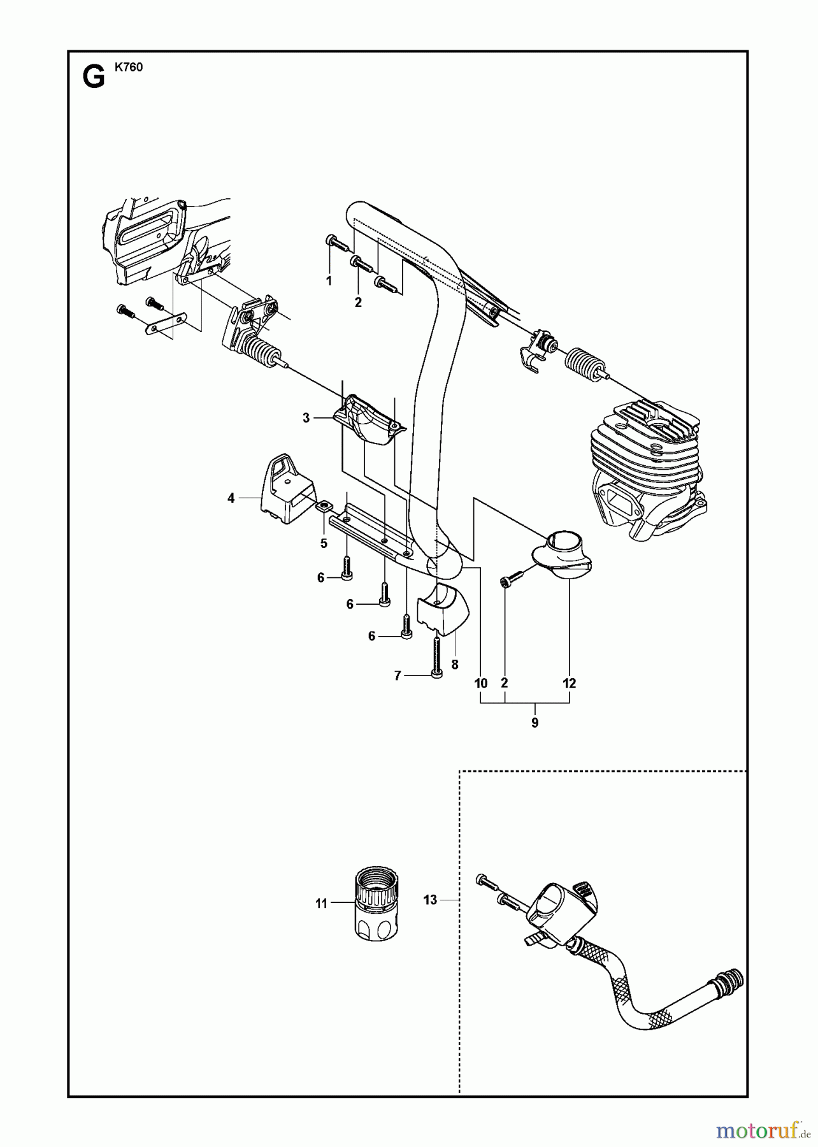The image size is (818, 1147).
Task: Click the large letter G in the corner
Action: click(x=94, y=78)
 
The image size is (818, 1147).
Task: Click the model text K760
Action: click(x=129, y=68)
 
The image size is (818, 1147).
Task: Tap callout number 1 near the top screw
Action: click(x=329, y=280)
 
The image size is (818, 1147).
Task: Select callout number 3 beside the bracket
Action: click(x=306, y=418)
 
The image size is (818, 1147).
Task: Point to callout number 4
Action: click(x=231, y=498)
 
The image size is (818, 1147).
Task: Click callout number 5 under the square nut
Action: click(x=324, y=544)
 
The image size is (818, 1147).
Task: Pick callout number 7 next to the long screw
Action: click(x=398, y=676)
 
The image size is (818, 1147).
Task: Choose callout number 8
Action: click(x=454, y=664)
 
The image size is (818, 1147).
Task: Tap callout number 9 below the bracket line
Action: click(x=535, y=723)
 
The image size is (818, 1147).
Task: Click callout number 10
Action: click(x=481, y=683)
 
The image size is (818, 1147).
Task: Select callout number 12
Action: click(x=570, y=683)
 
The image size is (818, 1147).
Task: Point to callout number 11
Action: click(x=320, y=903)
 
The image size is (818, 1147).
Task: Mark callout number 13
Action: click(x=431, y=900)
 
